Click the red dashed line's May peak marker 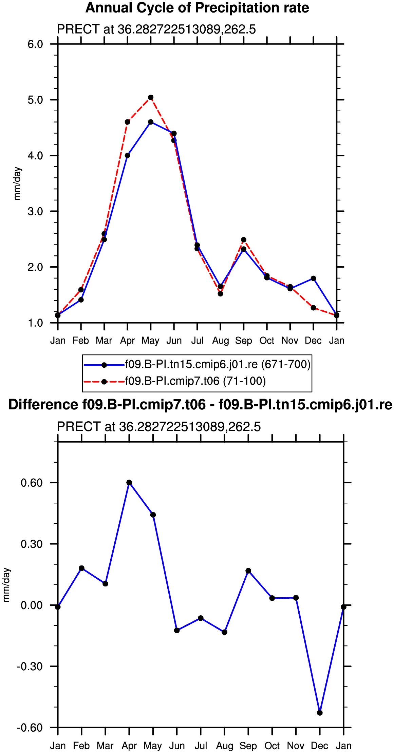(x=151, y=97)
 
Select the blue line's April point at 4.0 (x=127, y=155)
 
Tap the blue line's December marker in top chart (x=313, y=278)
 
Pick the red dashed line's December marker (x=313, y=308)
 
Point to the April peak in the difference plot (x=129, y=482)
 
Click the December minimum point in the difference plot (x=320, y=713)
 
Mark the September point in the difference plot (x=248, y=571)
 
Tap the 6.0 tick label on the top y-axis (x=35, y=44)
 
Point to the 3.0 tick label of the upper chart (x=35, y=211)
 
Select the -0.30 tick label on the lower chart (x=30, y=666)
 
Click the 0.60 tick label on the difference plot (x=32, y=483)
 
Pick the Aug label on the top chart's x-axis (x=221, y=341)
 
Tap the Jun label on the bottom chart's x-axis (x=177, y=746)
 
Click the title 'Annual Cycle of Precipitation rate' (x=197, y=7)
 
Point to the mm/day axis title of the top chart (x=17, y=184)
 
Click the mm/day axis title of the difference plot (x=6, y=585)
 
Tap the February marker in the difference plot (x=81, y=568)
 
